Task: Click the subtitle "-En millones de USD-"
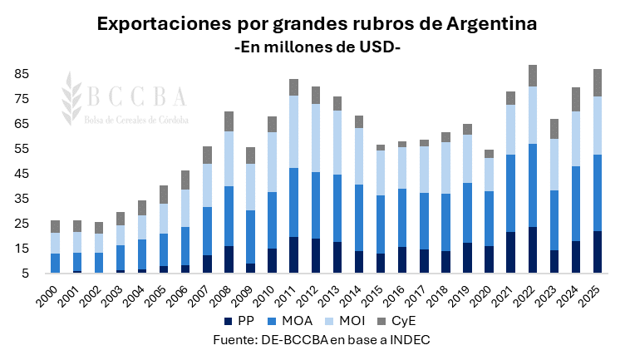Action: [318, 47]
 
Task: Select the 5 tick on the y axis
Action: [25, 274]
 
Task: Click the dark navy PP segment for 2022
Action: [533, 249]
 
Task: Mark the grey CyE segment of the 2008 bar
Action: [229, 121]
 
